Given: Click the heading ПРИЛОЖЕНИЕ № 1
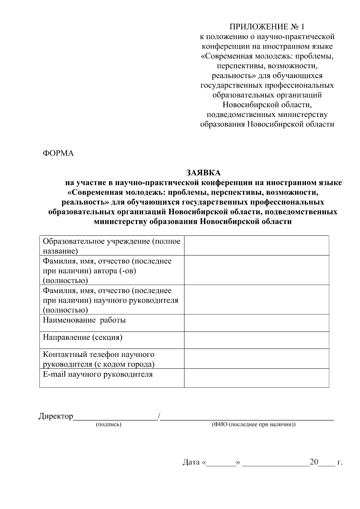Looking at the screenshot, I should tap(267, 27).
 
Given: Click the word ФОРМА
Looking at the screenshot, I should tap(58, 153).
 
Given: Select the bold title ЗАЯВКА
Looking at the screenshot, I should tap(203, 173).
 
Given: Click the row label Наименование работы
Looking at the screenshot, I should tap(84, 320).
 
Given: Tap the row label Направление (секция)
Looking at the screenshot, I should tap(82, 337).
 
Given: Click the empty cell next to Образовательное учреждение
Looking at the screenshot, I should tap(256, 245).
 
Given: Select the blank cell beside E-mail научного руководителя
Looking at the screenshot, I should tap(256, 378).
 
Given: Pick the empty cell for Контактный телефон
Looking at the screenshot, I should tap(256, 359).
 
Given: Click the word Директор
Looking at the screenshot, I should tap(56, 416).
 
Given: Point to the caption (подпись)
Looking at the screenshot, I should tap(108, 425).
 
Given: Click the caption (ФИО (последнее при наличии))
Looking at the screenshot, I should tap(253, 425).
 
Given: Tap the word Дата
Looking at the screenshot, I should tap(191, 462).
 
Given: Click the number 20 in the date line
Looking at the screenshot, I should tap(314, 462).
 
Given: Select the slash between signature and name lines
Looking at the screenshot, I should tap(159, 416).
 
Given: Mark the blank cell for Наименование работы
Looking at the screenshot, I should tap(256, 323).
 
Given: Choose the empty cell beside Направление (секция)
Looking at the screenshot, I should tap(256, 340).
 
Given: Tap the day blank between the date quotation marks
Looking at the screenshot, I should tap(221, 463).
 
